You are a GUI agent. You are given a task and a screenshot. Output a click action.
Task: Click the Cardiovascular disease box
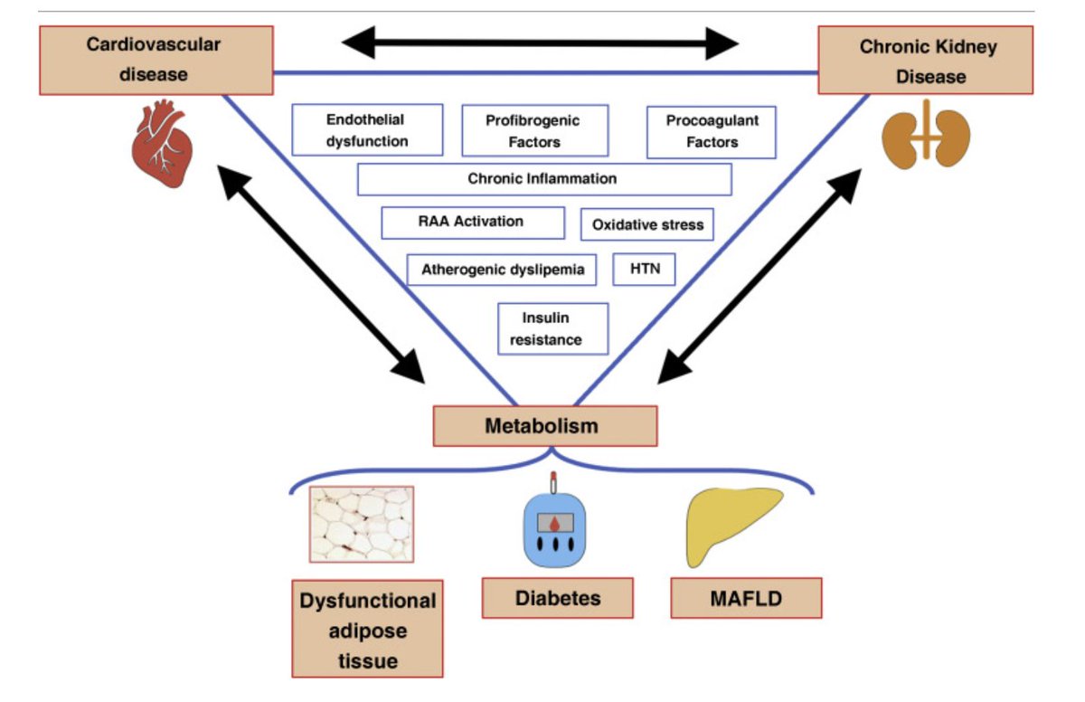point(156,60)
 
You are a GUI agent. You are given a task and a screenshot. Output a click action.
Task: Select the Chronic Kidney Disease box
point(926,60)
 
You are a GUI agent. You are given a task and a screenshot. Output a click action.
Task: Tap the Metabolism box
point(545,426)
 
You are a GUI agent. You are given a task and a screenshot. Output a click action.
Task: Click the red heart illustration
point(162,144)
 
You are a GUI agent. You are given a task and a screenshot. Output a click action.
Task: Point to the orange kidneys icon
point(926,135)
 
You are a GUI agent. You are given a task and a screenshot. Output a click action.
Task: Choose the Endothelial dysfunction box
point(367,130)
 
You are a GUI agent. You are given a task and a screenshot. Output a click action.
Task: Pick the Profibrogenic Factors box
point(534,131)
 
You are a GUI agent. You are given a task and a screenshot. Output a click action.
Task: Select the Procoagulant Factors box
point(711,132)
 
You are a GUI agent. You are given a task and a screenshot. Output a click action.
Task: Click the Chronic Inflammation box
point(544,179)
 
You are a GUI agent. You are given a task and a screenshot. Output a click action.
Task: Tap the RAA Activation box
point(473,223)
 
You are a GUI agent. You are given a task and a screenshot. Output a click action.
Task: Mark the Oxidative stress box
point(646,224)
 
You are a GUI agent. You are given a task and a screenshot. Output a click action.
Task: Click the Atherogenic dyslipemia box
point(501,270)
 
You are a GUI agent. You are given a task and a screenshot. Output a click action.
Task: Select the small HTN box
point(644,270)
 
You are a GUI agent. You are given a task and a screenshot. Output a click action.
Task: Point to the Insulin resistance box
point(552,329)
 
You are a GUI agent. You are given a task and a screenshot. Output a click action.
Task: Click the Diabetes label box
point(558,598)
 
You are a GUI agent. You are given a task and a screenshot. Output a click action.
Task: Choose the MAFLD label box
point(746,598)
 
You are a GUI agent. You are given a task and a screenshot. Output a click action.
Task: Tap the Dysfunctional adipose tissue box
point(367,629)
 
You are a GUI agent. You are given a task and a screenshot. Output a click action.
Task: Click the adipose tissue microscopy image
point(362,525)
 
